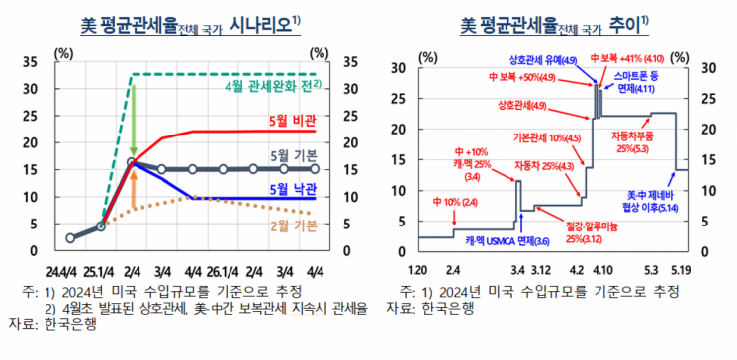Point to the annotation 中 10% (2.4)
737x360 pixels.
point(454,202)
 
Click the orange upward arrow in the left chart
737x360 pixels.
point(133,190)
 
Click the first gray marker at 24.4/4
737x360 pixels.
point(70,237)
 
